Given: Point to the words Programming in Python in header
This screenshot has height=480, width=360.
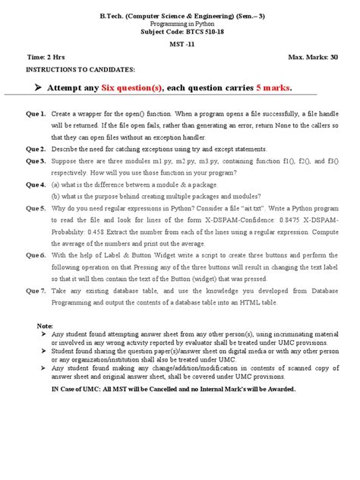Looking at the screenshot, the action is (x=180, y=24).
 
